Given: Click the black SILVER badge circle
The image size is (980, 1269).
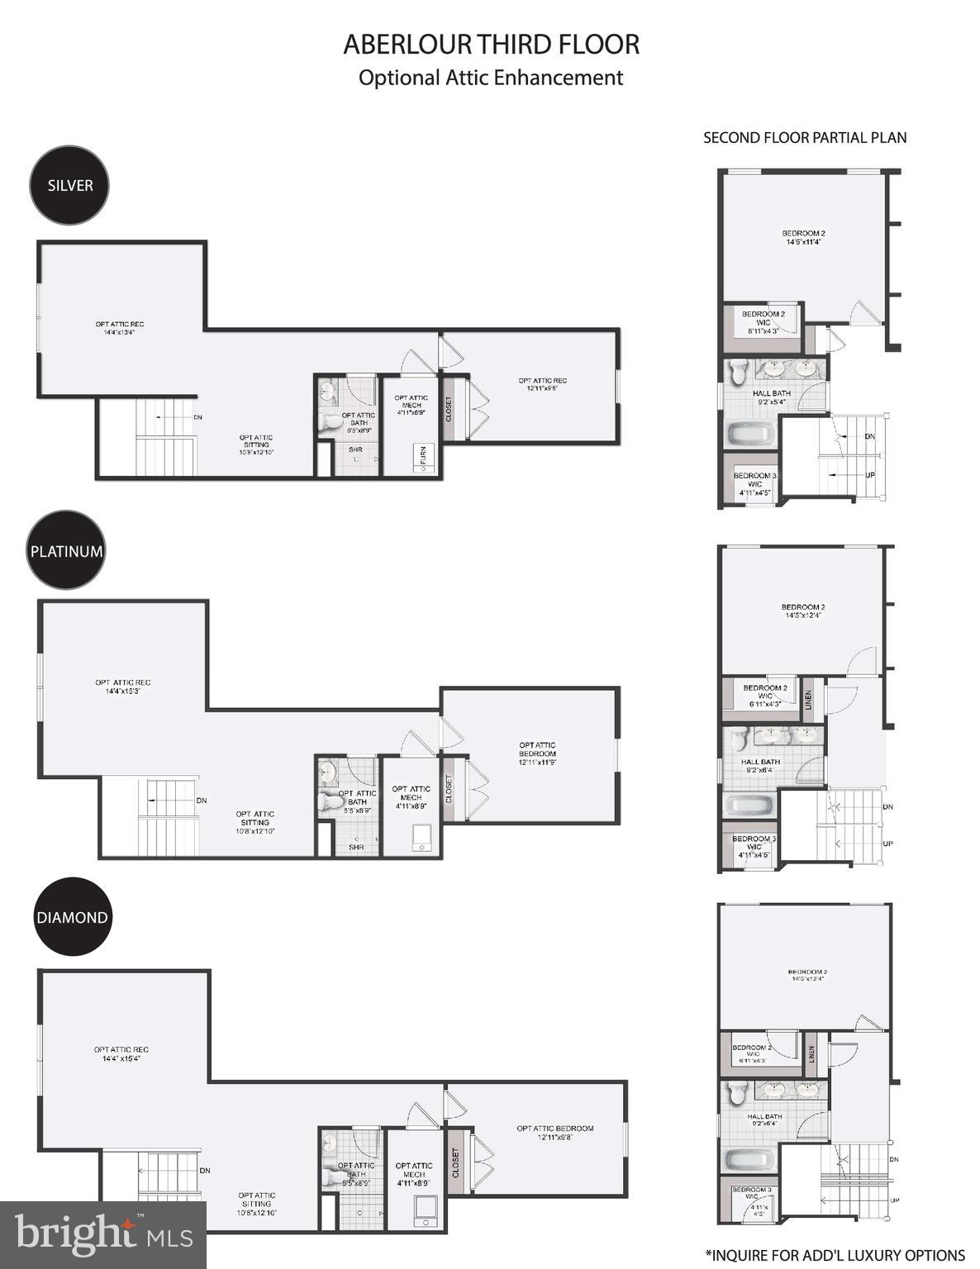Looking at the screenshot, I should tap(69, 185).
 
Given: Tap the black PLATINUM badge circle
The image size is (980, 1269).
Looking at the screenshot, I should tap(67, 550).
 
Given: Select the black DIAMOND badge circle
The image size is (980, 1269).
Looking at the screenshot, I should tap(72, 917).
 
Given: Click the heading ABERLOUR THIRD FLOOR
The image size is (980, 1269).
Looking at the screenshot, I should tap(491, 45).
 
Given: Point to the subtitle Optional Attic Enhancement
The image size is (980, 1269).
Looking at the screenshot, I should tap(490, 78).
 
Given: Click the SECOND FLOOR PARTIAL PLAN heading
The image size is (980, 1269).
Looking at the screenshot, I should tap(804, 138).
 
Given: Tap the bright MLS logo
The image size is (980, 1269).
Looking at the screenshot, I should tap(102, 1234).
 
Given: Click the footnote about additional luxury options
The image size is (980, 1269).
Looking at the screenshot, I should tap(835, 1255).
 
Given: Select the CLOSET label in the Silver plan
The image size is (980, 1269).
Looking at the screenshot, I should tap(449, 410).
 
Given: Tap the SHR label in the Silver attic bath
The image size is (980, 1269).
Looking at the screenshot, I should tap(355, 449).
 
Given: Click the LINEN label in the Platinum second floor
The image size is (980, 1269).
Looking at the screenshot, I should tap(808, 699).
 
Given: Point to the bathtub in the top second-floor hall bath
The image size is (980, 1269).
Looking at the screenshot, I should tap(749, 433).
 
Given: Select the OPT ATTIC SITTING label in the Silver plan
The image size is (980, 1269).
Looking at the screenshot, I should tap(256, 444).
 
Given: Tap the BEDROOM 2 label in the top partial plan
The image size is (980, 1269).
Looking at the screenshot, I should tap(803, 237).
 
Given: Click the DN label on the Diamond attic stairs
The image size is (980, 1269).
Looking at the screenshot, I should tap(204, 1170).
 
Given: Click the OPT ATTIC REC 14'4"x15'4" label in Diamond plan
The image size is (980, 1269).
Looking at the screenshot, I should tap(121, 1053).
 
